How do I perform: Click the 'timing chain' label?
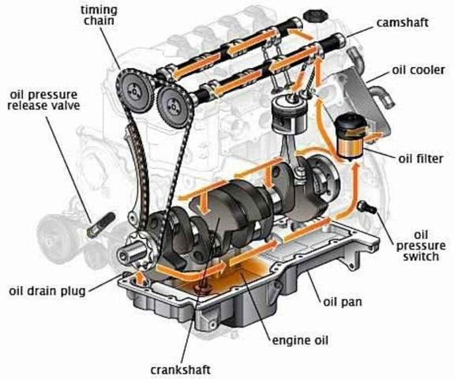click(x=99, y=15)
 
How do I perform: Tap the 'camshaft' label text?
click(x=402, y=23)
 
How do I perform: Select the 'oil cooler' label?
click(x=418, y=70)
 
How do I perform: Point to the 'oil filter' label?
click(x=421, y=159)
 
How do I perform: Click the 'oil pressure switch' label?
click(x=421, y=246)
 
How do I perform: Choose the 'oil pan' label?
click(x=343, y=302)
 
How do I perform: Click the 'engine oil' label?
click(x=300, y=340)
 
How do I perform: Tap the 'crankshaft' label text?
click(x=180, y=370)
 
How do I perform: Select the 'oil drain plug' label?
click(x=47, y=291)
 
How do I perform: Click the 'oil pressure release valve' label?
click(x=43, y=100)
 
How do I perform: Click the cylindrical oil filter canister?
click(x=351, y=136)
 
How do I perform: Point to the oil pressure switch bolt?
click(x=367, y=207)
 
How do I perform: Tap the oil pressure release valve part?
click(x=101, y=225)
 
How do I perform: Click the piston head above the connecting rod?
click(x=289, y=115)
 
